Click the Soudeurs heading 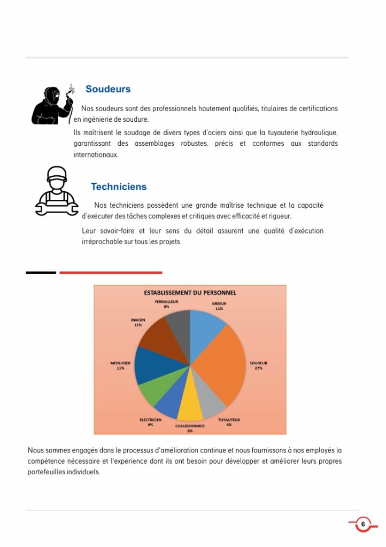point(108,89)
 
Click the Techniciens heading point(118,187)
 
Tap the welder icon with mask point(52,105)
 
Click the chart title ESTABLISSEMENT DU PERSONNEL point(190,293)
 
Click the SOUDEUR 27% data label point(258,365)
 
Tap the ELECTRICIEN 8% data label point(150,422)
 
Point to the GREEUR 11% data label point(219,306)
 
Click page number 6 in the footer point(363,524)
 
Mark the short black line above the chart point(41,273)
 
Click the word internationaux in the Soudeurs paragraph point(96,155)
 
